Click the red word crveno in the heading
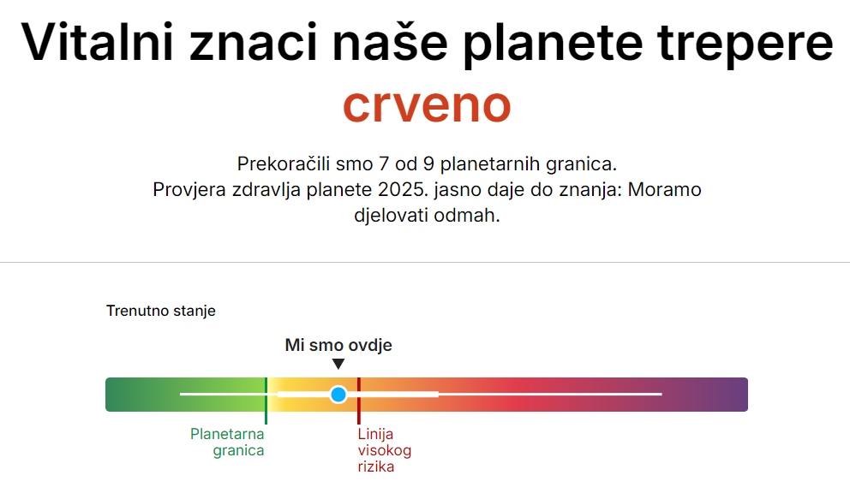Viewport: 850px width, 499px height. [427, 105]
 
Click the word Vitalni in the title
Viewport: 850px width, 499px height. [97, 42]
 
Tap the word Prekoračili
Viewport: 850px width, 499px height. [284, 164]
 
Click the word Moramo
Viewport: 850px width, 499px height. [665, 190]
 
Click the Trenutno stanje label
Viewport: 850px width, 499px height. [161, 311]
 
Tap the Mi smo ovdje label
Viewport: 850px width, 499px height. [338, 345]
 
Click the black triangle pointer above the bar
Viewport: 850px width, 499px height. [338, 364]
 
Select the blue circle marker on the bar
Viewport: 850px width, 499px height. [338, 395]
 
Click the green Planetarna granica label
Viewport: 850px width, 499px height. [227, 443]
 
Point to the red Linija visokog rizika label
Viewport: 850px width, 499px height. [385, 450]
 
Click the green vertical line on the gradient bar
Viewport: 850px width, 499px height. [266, 401]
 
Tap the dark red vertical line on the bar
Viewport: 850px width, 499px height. [359, 401]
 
